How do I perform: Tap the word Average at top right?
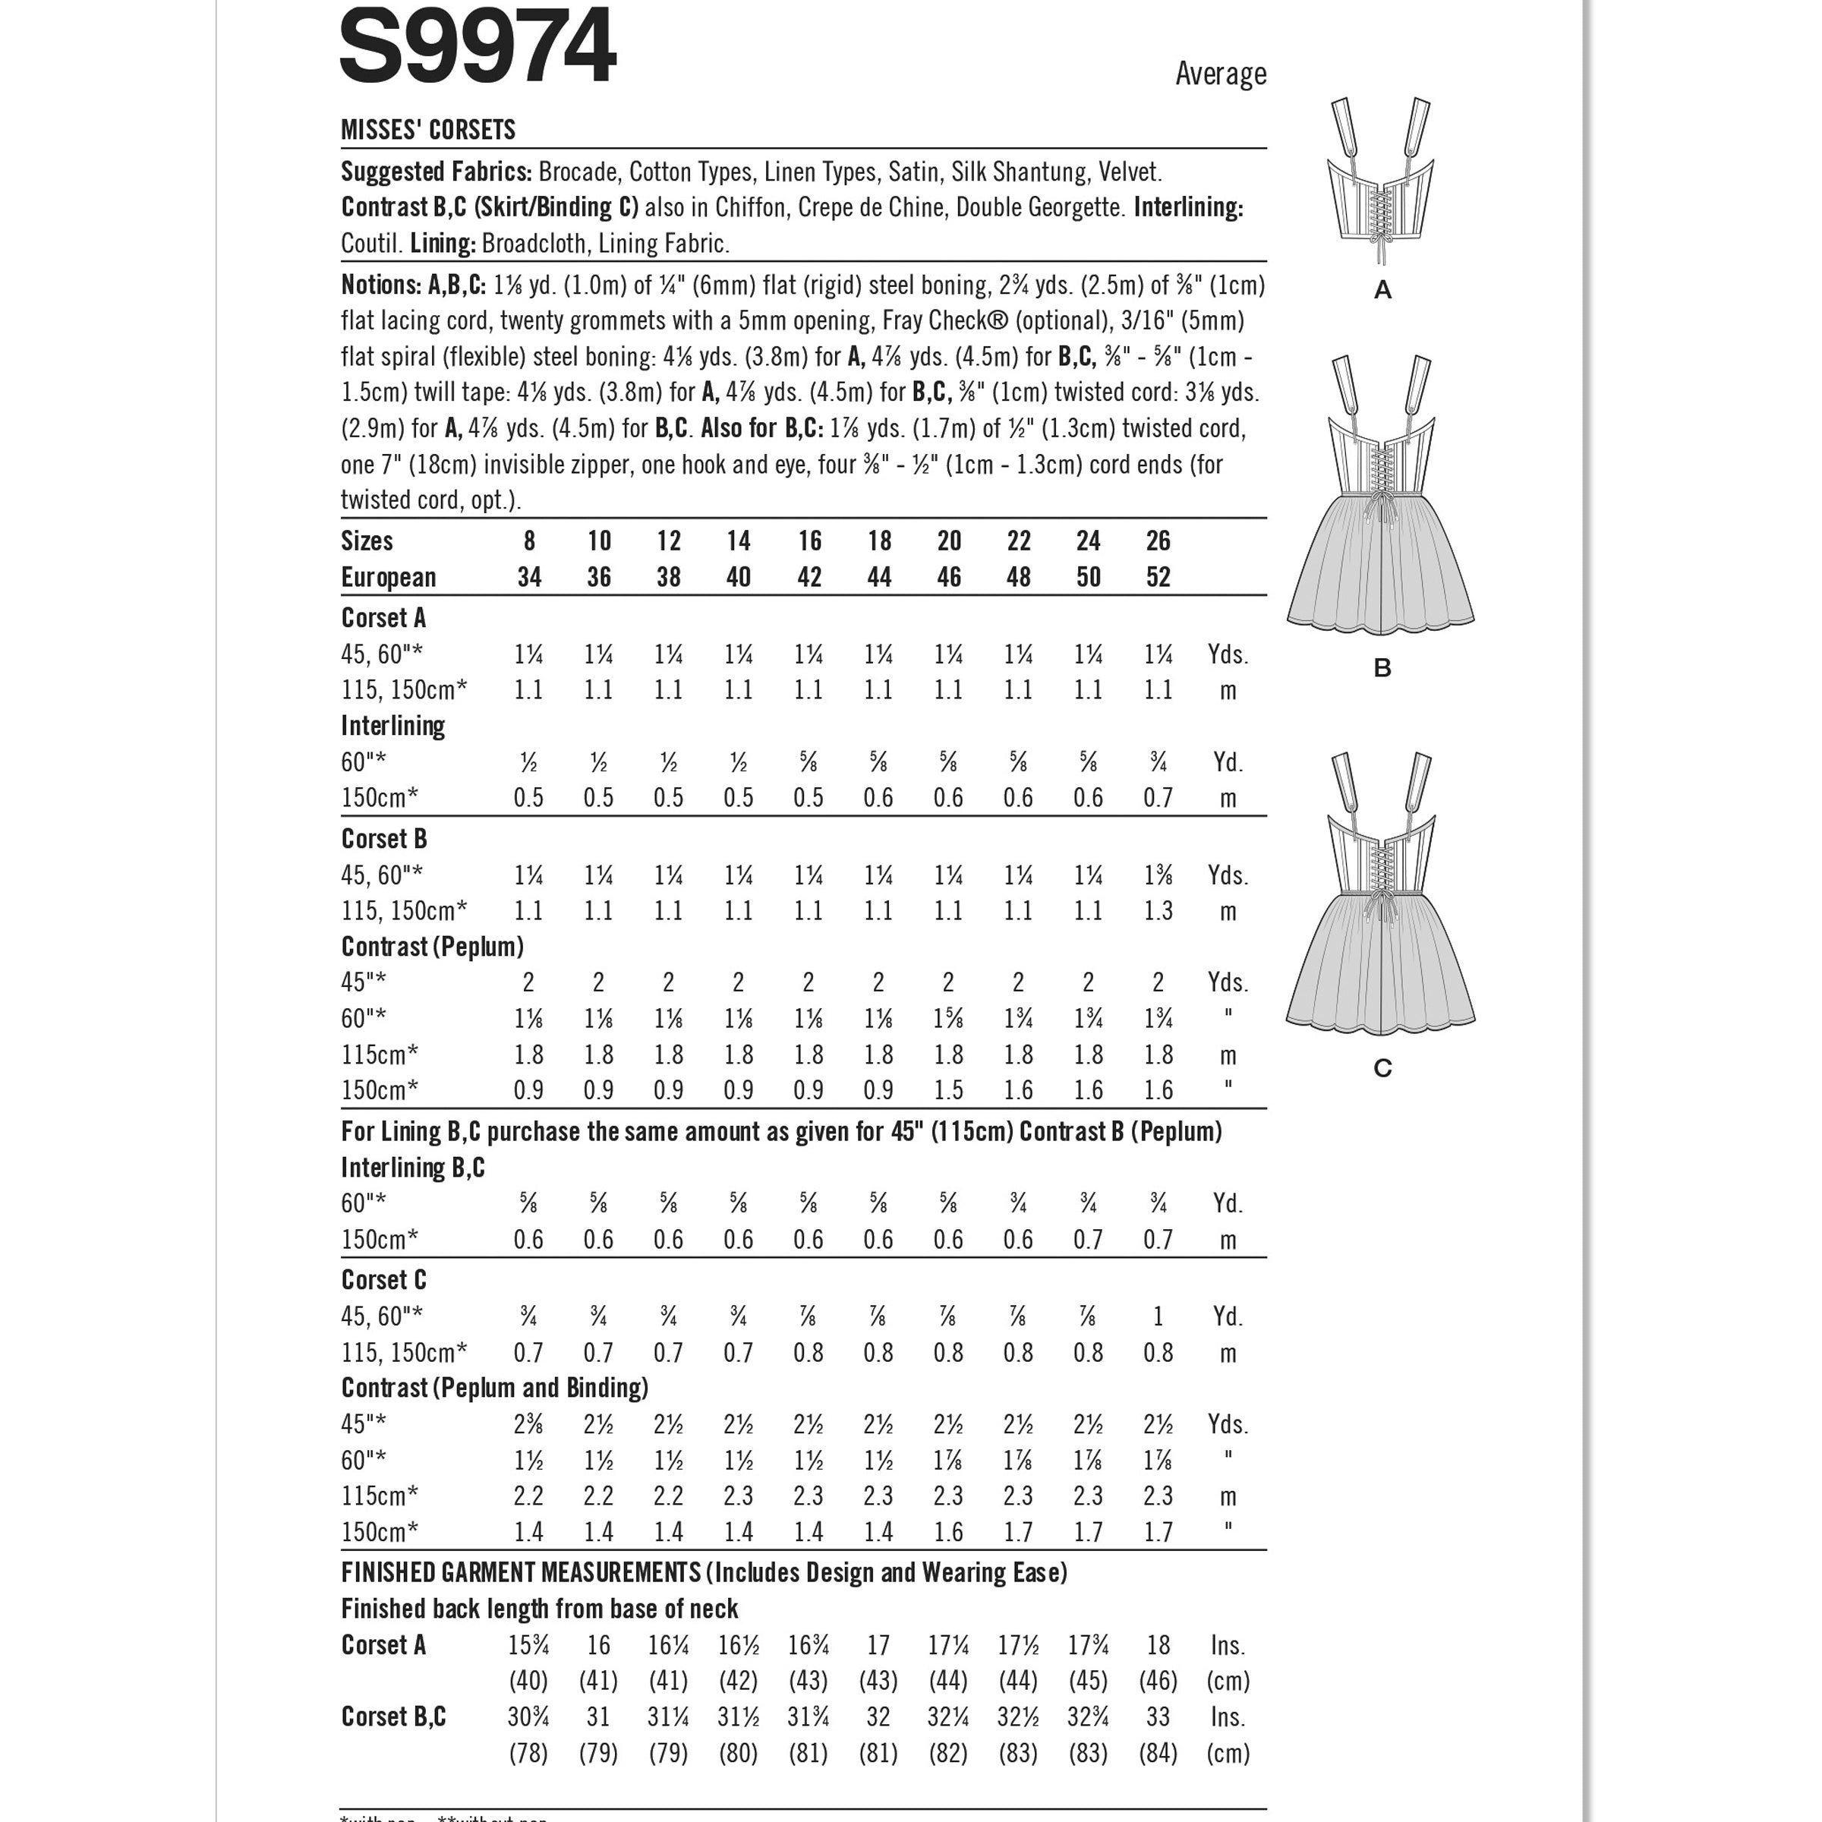coord(1220,74)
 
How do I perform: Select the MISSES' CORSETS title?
coord(428,130)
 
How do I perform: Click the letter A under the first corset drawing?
coord(1382,291)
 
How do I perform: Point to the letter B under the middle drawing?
coord(1382,669)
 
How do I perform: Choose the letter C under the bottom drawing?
coord(1382,1068)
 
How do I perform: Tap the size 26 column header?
coord(1158,541)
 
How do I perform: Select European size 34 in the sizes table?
coord(529,577)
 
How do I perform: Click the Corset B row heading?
coord(384,838)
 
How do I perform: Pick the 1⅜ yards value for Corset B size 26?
coord(1158,875)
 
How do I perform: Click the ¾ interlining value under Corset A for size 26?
coord(1158,762)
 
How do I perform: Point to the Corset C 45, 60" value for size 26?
coord(1158,1316)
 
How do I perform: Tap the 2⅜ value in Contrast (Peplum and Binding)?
coord(529,1424)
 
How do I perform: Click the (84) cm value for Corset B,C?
coord(1158,1753)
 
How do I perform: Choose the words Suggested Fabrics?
coord(436,172)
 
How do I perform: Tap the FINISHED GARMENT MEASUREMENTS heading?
coord(521,1573)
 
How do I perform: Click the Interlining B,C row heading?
coord(413,1168)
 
